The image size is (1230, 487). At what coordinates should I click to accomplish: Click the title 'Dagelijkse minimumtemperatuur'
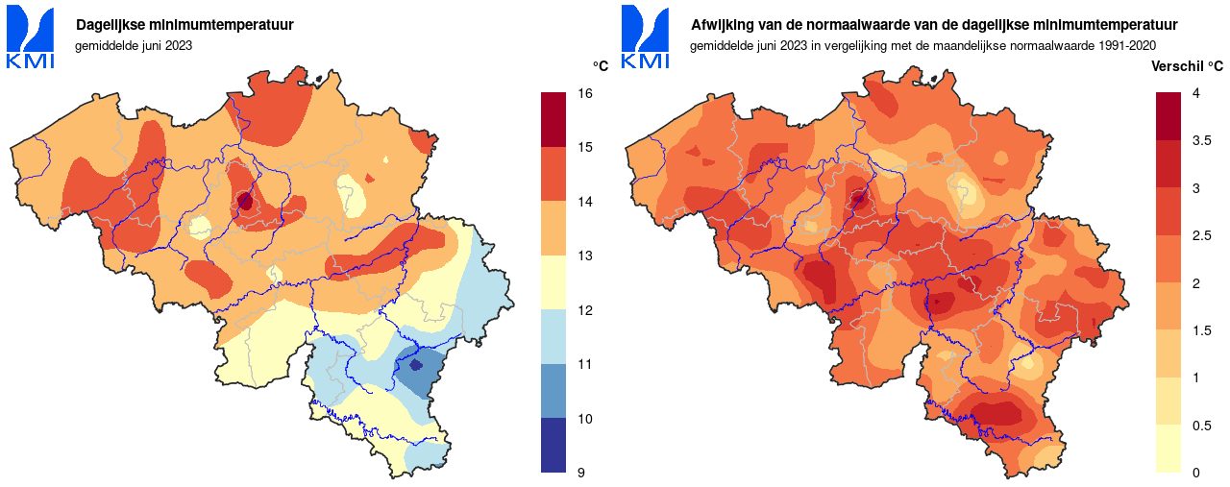coord(184,25)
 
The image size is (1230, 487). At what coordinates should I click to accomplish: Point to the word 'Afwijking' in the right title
coord(722,25)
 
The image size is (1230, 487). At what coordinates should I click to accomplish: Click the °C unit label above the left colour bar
coord(600,65)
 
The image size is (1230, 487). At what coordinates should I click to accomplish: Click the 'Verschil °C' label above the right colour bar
coord(1188,65)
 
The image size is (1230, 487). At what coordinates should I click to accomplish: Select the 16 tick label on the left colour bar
coord(584,93)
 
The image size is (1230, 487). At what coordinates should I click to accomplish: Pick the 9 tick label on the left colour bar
coord(581,473)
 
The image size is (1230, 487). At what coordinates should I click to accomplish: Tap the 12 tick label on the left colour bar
coord(584,310)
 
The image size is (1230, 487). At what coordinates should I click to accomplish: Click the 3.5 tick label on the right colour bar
coord(1202,140)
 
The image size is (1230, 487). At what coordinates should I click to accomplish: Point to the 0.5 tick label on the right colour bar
coord(1202,426)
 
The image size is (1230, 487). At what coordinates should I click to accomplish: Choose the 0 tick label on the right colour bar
coord(1196,473)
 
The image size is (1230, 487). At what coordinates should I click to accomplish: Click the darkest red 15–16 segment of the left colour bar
coord(554,119)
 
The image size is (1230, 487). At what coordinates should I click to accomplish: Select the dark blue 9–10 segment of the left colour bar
coord(554,445)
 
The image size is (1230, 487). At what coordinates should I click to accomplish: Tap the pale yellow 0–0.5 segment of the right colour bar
coord(1168,449)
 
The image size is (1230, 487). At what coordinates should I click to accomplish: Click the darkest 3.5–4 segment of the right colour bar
coord(1168,116)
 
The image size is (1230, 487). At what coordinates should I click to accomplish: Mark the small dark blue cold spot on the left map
coord(416,365)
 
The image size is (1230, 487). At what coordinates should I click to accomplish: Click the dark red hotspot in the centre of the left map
coord(244,202)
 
